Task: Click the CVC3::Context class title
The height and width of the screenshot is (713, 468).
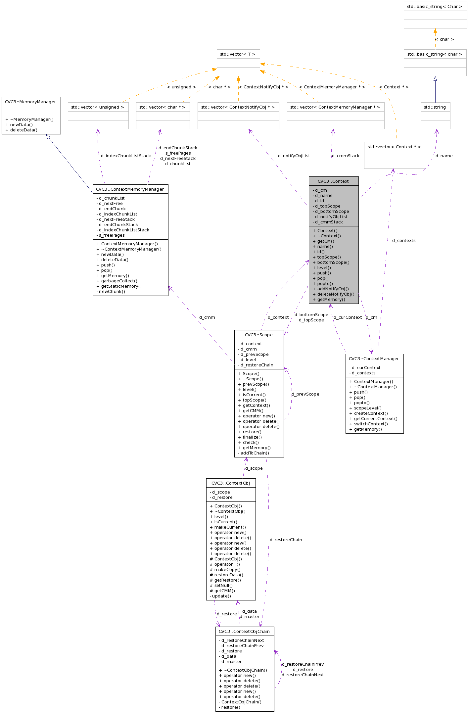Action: click(x=333, y=181)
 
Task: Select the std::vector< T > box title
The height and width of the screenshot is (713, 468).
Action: click(x=238, y=54)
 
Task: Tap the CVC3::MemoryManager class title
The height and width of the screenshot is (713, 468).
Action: click(x=31, y=102)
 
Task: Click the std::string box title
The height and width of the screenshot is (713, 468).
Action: click(x=435, y=107)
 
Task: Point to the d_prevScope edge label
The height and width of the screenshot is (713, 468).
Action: click(x=305, y=394)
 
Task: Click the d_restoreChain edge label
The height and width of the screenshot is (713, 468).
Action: click(x=286, y=540)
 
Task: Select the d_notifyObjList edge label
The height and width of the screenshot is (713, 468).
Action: click(x=294, y=156)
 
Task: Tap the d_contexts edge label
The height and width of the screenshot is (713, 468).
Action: click(x=403, y=240)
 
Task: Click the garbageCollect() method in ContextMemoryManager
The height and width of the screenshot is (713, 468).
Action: click(x=119, y=281)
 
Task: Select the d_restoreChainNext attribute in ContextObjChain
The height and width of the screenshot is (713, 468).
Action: click(x=242, y=640)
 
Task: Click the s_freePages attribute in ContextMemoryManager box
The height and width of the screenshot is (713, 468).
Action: click(x=112, y=235)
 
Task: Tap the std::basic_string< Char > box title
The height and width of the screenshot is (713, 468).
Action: click(x=435, y=6)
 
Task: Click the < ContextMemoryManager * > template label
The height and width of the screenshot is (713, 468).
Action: click(x=332, y=87)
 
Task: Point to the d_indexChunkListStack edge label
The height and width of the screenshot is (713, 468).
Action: click(x=126, y=156)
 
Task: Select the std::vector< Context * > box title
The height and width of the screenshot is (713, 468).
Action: click(x=394, y=147)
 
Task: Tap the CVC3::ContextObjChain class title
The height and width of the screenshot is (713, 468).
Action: click(x=244, y=631)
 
